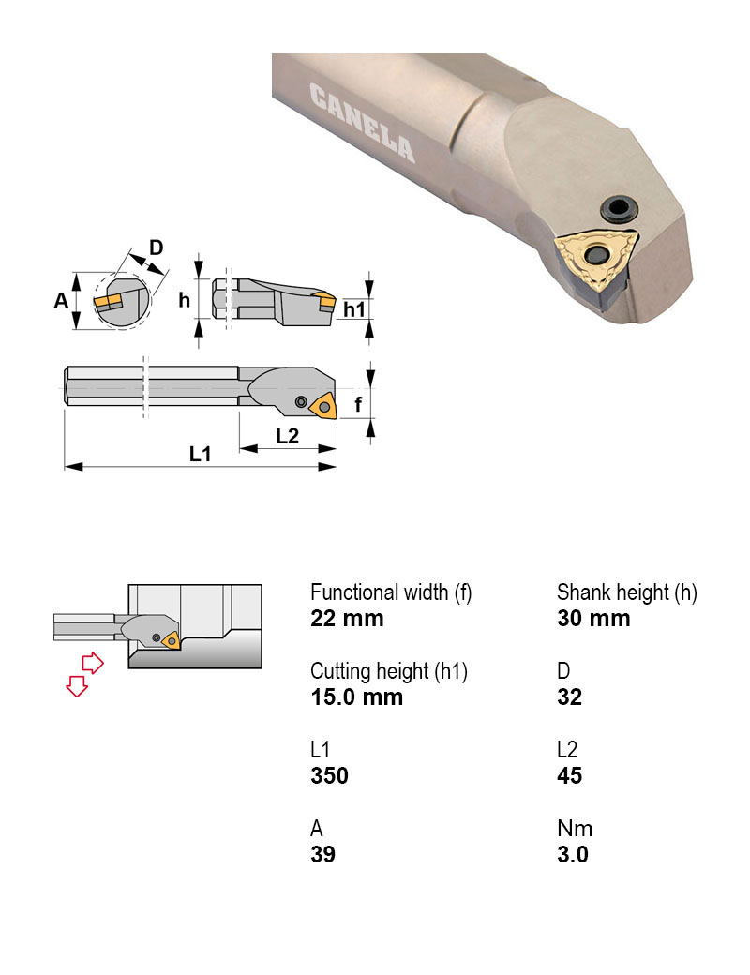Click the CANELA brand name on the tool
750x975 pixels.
tap(361, 123)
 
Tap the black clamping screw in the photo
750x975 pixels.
tap(618, 207)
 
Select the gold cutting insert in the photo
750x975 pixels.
tap(594, 256)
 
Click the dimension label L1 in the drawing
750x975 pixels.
tap(200, 454)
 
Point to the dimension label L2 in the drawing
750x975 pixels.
tap(288, 436)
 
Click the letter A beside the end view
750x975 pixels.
tap(61, 300)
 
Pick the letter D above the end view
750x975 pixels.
tap(157, 247)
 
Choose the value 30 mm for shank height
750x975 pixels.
tap(593, 619)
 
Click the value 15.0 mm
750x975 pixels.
tap(356, 697)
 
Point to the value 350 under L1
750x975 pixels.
tap(329, 776)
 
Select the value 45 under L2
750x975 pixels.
tap(569, 776)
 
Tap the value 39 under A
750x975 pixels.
tap(322, 855)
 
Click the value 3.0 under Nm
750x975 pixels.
tap(572, 855)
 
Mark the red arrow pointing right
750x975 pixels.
tap(92, 663)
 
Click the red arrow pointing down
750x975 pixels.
tap(76, 687)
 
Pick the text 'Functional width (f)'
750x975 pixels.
tap(391, 592)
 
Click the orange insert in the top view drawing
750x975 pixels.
tap(324, 408)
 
